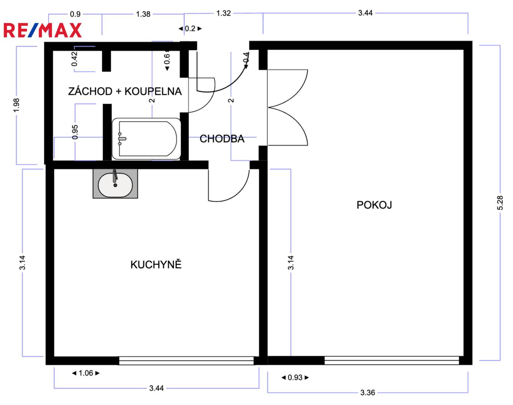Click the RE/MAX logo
click(x=43, y=30)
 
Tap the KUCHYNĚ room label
click(x=156, y=264)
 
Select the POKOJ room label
click(x=374, y=205)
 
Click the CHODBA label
click(x=222, y=139)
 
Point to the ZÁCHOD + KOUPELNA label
click(x=125, y=91)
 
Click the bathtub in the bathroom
click(x=147, y=139)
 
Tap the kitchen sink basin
click(x=115, y=185)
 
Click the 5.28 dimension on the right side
click(x=500, y=203)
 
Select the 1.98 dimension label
click(x=16, y=105)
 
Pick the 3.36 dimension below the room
click(x=368, y=393)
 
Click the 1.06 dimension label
click(x=86, y=373)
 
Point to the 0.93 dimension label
click(x=295, y=377)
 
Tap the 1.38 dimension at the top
click(x=143, y=14)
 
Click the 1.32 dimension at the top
click(x=224, y=13)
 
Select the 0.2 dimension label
click(x=190, y=28)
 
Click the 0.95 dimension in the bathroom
click(x=75, y=132)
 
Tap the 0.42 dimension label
click(x=74, y=59)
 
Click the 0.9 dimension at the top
click(x=75, y=14)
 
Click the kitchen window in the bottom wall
click(x=186, y=361)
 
